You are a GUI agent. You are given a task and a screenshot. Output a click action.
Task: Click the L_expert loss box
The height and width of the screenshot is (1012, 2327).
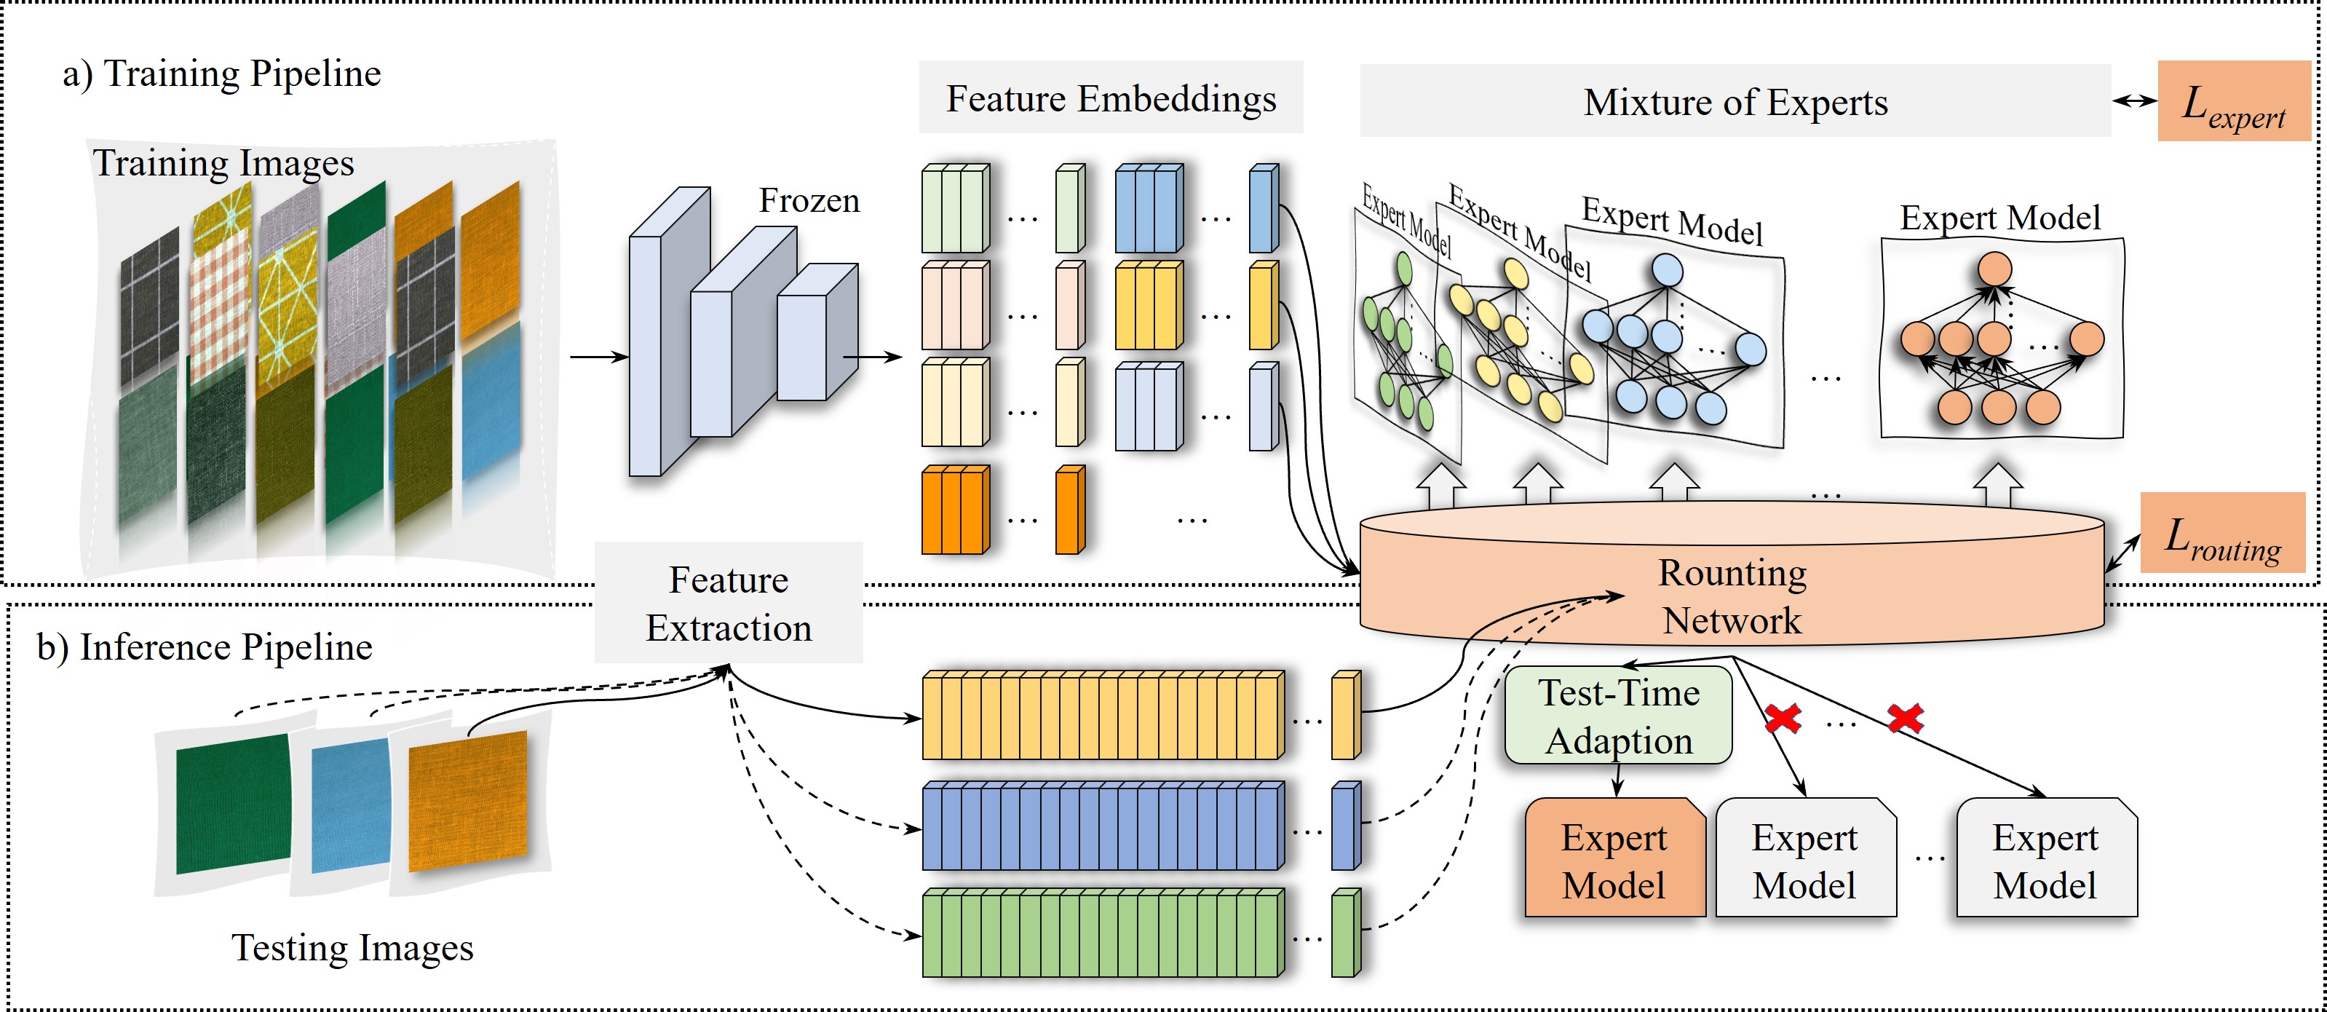point(2233,101)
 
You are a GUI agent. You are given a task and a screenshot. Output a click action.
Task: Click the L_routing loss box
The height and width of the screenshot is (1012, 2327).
point(2222,533)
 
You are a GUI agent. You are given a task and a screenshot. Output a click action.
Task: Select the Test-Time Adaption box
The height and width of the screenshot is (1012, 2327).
point(1618,716)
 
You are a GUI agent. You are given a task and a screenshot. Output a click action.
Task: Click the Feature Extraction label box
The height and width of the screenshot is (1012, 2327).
point(728,603)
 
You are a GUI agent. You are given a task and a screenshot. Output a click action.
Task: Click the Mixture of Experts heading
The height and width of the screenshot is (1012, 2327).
point(1735,101)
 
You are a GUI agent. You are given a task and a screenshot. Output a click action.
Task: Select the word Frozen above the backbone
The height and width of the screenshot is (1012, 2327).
point(809,199)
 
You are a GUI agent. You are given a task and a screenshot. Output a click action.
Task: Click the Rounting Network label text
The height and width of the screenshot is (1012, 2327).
point(1732,596)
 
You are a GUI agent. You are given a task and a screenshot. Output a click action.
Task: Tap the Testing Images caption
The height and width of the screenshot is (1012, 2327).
point(352,947)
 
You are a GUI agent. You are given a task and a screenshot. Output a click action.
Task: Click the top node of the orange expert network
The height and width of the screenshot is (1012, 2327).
point(1994,269)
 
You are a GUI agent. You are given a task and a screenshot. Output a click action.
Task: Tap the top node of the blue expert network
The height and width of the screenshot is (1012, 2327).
point(1667,270)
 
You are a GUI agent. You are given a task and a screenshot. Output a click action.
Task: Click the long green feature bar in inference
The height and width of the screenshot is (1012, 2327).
point(1102,933)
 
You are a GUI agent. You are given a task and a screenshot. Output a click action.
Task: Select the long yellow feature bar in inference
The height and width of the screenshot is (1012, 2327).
point(1102,716)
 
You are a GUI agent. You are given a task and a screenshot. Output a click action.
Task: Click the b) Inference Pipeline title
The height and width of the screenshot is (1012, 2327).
point(204,647)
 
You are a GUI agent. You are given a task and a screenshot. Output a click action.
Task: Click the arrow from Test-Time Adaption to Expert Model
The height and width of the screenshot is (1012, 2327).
point(1617,780)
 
